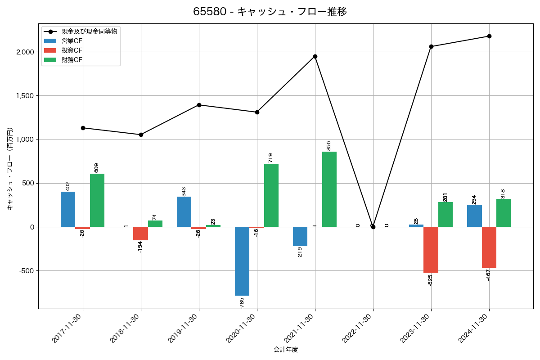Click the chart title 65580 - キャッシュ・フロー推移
pyautogui.click(x=270, y=12)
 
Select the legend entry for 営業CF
pyautogui.click(x=72, y=41)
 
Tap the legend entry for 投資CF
pyautogui.click(x=72, y=50)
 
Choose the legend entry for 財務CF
pyautogui.click(x=72, y=60)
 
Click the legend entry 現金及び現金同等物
pyautogui.click(x=90, y=31)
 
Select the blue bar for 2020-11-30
pyautogui.click(x=242, y=261)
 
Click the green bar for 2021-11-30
pyautogui.click(x=329, y=189)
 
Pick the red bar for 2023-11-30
pyautogui.click(x=431, y=250)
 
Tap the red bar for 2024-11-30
pyautogui.click(x=489, y=247)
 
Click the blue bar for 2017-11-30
pyautogui.click(x=68, y=209)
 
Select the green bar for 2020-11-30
pyautogui.click(x=271, y=195)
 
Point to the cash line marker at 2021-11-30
pyautogui.click(x=315, y=57)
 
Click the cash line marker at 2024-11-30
pyautogui.click(x=489, y=36)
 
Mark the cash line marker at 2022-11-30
pyautogui.click(x=373, y=227)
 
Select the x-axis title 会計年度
pyautogui.click(x=286, y=350)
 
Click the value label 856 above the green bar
pyautogui.click(x=328, y=146)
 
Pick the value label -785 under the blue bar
pyautogui.click(x=242, y=303)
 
